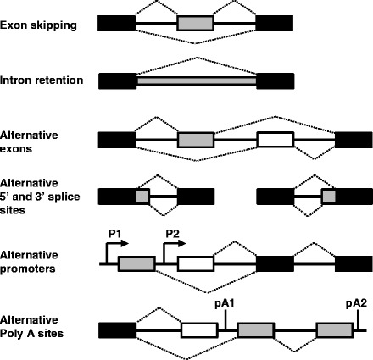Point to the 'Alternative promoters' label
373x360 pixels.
pyautogui.click(x=31, y=258)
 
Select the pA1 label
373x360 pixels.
pyautogui.click(x=225, y=302)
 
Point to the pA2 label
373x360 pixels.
pyautogui.click(x=357, y=302)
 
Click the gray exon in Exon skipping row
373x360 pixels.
pyautogui.click(x=195, y=25)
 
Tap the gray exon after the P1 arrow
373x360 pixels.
pyautogui.click(x=136, y=263)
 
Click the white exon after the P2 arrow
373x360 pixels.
pyautogui.click(x=195, y=263)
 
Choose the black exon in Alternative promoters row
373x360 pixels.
pyautogui.click(x=271, y=263)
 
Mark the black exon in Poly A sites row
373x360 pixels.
pyautogui.click(x=117, y=330)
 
